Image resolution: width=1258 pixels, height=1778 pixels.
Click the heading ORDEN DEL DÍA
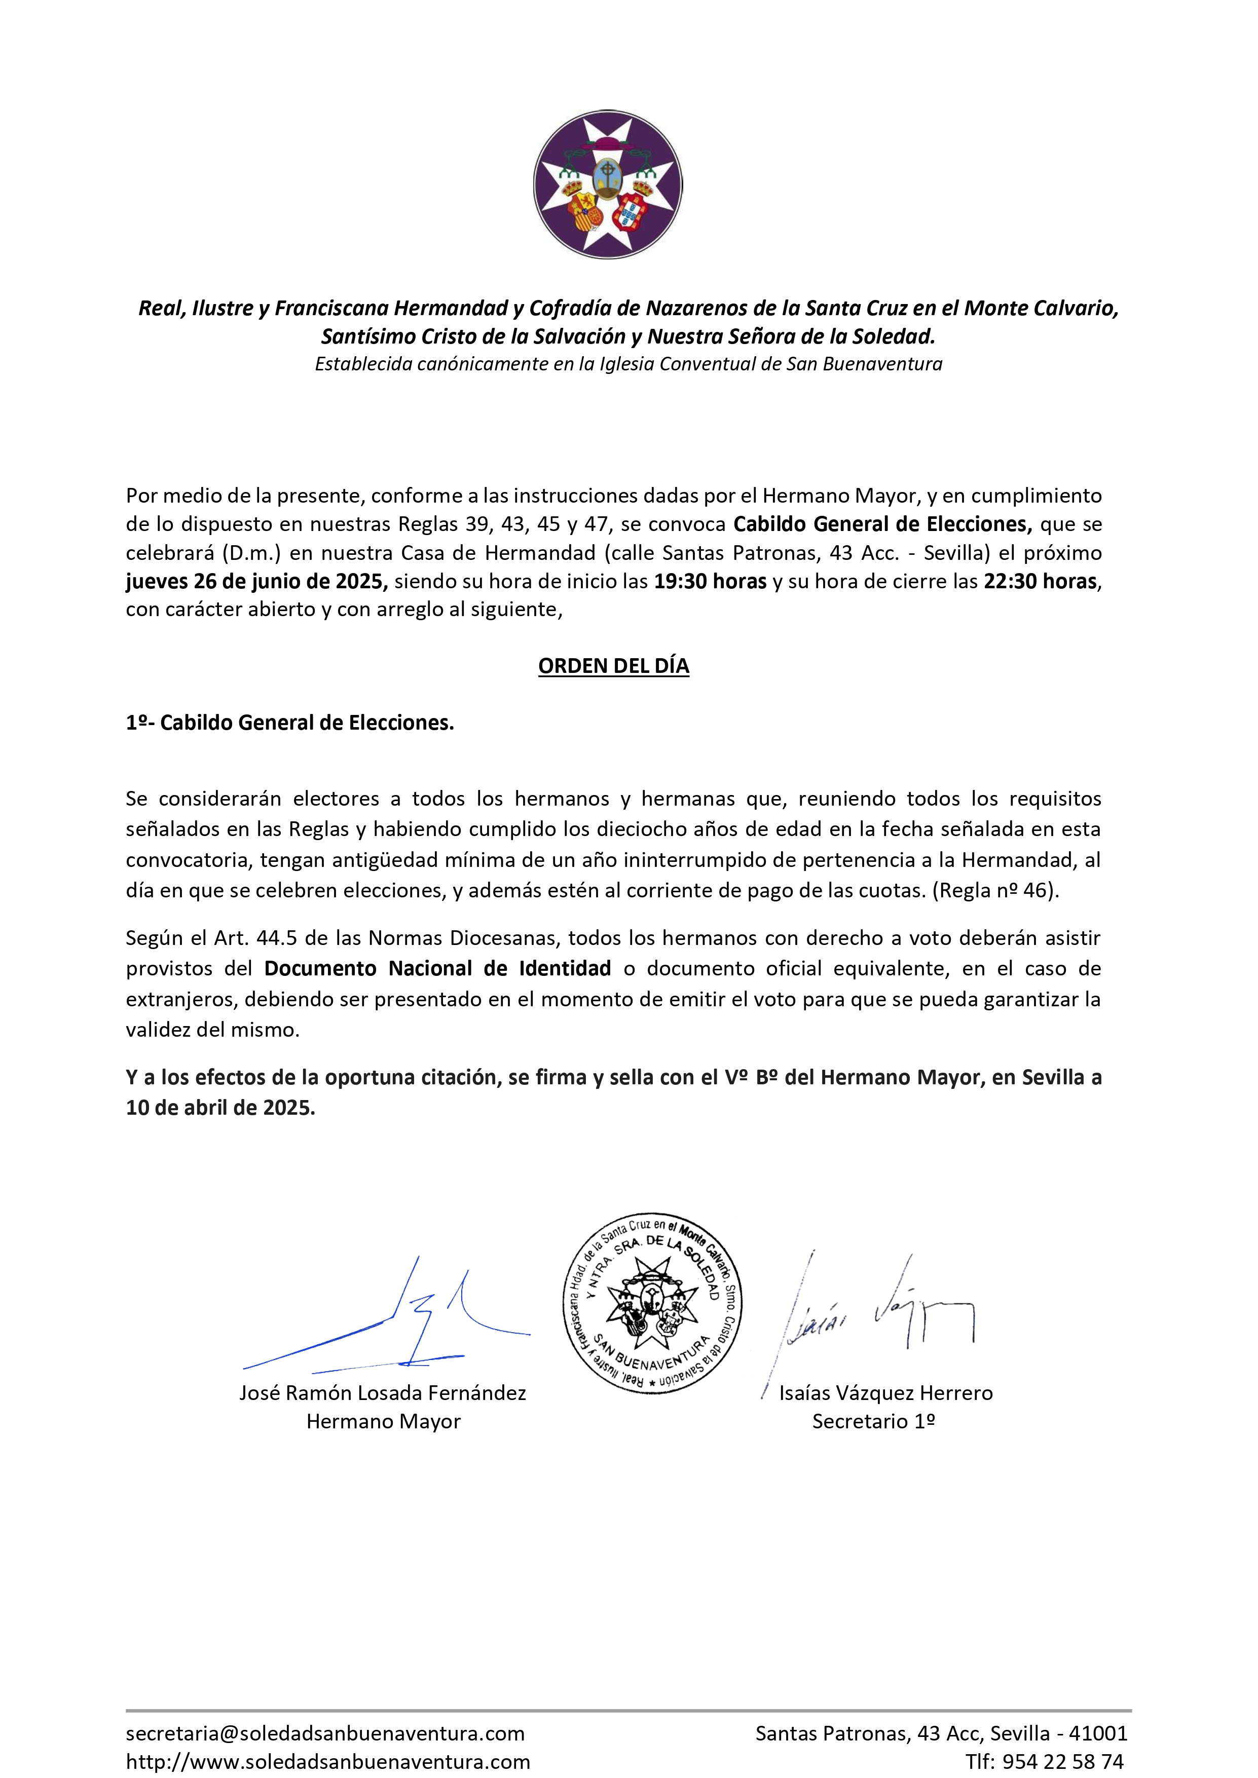point(613,666)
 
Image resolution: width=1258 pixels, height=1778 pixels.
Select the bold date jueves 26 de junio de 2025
point(256,582)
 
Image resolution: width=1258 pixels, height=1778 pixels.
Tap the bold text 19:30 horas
point(710,582)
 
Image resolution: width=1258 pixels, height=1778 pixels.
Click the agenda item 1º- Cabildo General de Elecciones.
point(290,723)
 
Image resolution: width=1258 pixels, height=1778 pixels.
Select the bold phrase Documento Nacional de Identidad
point(438,969)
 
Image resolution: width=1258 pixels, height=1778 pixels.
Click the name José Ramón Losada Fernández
point(383,1393)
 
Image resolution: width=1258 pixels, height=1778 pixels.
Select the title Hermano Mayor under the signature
point(384,1422)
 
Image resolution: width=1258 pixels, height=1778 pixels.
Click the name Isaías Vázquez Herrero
point(885,1393)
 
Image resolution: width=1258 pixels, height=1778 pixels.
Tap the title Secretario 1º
point(873,1422)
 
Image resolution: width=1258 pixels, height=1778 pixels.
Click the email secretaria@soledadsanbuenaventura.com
point(325,1734)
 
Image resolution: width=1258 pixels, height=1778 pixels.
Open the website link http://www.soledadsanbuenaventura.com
point(327,1762)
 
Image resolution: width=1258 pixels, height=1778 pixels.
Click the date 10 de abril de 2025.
point(220,1108)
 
